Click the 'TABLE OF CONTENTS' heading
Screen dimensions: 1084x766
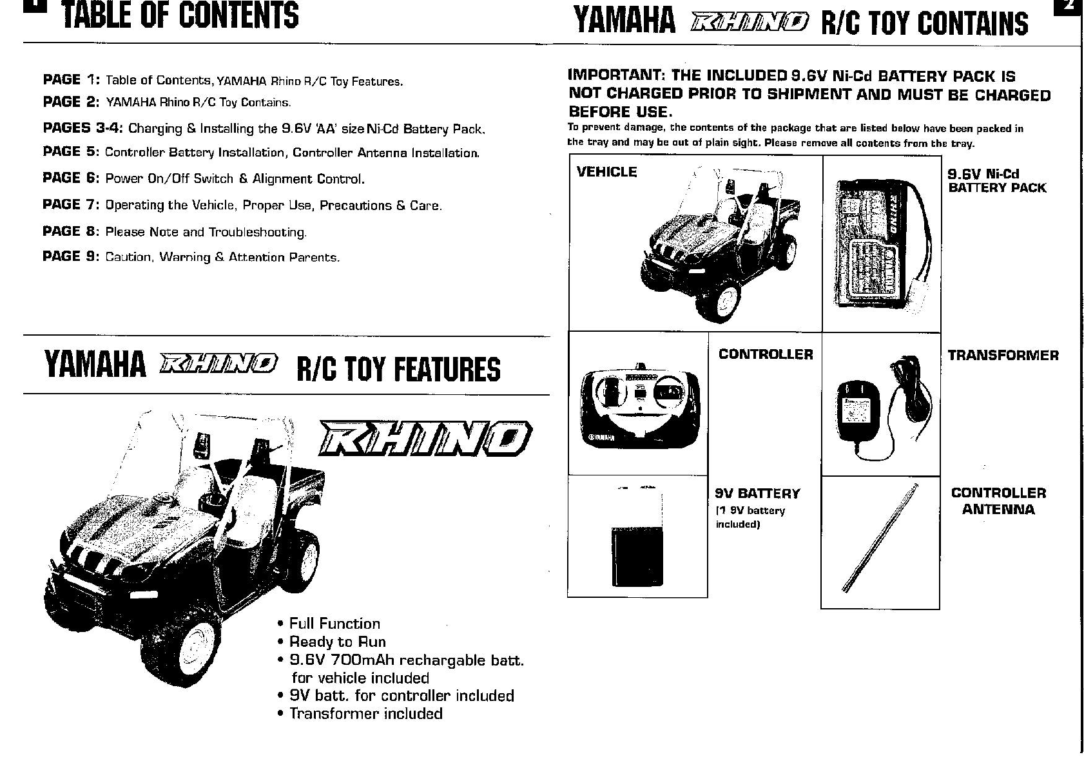click(180, 15)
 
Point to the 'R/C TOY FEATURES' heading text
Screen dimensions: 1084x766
click(398, 369)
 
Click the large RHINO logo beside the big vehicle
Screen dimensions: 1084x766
click(426, 437)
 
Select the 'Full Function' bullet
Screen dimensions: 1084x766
click(334, 624)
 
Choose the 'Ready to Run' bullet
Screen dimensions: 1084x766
click(337, 642)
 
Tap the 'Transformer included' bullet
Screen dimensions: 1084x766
click(365, 713)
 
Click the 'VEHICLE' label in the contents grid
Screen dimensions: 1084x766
click(606, 172)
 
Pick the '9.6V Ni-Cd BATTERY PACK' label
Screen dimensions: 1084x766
click(996, 181)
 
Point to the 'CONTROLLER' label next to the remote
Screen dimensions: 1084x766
click(766, 354)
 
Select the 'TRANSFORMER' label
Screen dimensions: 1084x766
click(1003, 356)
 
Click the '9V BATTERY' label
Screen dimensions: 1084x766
click(757, 493)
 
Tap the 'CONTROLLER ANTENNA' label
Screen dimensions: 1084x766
click(998, 501)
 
